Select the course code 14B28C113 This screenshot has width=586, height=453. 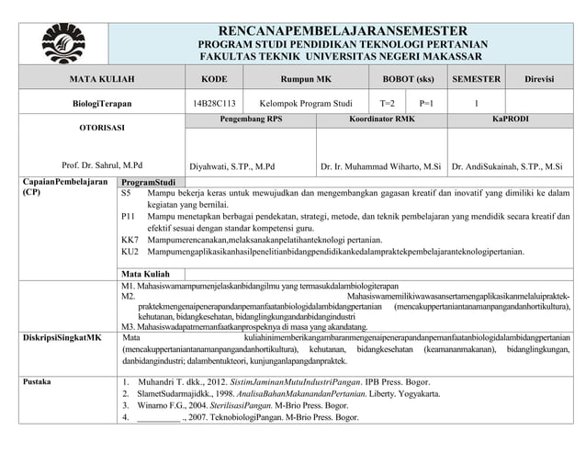point(214,104)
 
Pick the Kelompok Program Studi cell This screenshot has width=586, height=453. point(306,104)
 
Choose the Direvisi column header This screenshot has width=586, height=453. point(539,80)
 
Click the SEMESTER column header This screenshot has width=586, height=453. point(476,80)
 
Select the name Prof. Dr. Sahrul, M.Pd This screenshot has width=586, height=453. point(102,166)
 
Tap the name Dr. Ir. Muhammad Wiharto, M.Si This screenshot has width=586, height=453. point(380,167)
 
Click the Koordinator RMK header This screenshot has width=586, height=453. point(382,119)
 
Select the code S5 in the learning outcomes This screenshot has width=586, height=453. point(127,194)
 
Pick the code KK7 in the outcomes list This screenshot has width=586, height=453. point(130,238)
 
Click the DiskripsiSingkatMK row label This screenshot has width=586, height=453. point(61,338)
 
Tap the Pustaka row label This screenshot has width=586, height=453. point(37,380)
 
